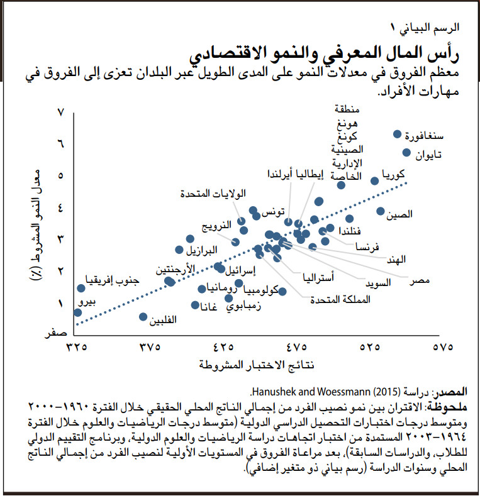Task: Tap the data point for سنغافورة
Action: [397, 134]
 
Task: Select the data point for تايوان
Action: [406, 152]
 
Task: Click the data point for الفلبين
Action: [143, 316]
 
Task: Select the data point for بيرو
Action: [77, 312]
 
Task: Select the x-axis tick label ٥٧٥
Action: [444, 346]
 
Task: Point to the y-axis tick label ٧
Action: [61, 113]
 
